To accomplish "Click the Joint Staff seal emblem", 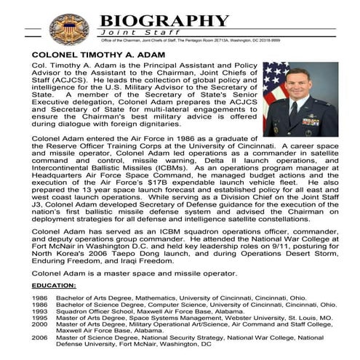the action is [x=69, y=28].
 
